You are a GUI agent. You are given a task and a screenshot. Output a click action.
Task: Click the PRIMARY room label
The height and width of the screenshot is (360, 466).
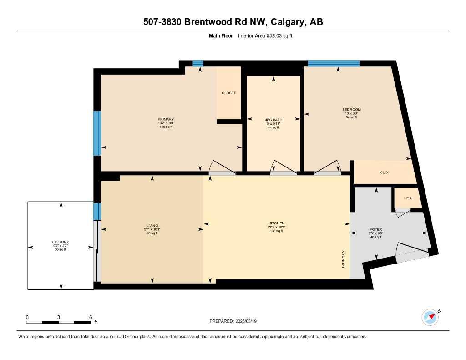click(x=166, y=119)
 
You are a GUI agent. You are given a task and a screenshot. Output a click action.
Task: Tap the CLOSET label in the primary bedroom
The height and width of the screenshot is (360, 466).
click(x=228, y=93)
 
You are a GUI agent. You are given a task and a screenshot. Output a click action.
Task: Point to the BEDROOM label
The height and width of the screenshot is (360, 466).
click(x=351, y=110)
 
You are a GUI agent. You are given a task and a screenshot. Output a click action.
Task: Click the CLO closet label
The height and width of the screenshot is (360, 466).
click(x=384, y=172)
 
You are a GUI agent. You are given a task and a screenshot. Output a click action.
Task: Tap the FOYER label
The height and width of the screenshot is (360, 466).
click(x=376, y=229)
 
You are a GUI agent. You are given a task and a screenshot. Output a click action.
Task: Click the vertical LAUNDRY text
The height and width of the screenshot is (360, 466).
click(x=344, y=259)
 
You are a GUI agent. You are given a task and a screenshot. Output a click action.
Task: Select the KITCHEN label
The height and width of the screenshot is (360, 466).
click(x=276, y=223)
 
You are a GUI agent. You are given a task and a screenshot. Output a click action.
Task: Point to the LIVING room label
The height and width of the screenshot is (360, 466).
click(x=152, y=225)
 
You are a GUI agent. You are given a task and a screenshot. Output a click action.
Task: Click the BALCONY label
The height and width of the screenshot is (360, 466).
click(x=60, y=242)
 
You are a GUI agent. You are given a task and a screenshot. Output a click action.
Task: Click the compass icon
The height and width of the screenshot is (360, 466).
click(x=430, y=317)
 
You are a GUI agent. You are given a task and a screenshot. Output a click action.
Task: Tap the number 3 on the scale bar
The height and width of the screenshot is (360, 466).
click(x=59, y=317)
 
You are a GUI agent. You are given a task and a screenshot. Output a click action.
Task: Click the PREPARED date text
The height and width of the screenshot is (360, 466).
click(x=236, y=321)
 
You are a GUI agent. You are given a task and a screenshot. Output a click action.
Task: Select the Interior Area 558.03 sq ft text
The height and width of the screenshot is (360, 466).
click(x=265, y=35)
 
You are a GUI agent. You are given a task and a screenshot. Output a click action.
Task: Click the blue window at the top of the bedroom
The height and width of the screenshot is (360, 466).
click(x=334, y=63)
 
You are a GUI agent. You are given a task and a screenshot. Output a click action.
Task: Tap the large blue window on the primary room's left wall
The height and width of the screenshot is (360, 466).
click(x=97, y=133)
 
